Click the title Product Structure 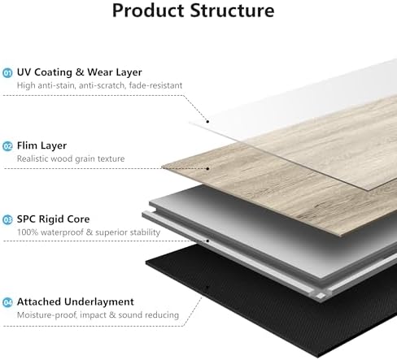[193, 11]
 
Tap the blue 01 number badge [7, 73]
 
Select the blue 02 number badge [7, 146]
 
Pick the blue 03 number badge [7, 219]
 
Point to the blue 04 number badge [7, 302]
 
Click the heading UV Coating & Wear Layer [79, 72]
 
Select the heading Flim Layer [41, 145]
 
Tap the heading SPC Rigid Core [53, 219]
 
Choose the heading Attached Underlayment [76, 301]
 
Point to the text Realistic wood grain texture [71, 158]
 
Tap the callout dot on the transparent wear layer [207, 122]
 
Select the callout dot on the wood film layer [207, 169]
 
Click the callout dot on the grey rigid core [207, 241]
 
